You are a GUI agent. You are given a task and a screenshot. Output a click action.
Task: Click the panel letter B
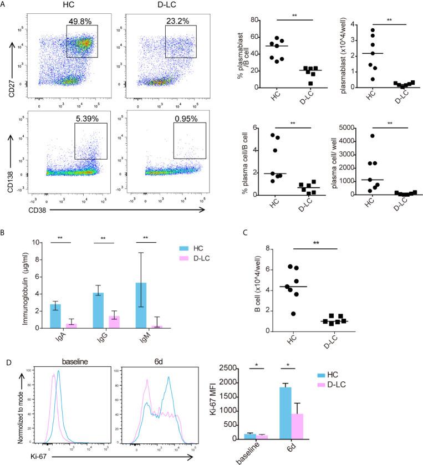[4, 229]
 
